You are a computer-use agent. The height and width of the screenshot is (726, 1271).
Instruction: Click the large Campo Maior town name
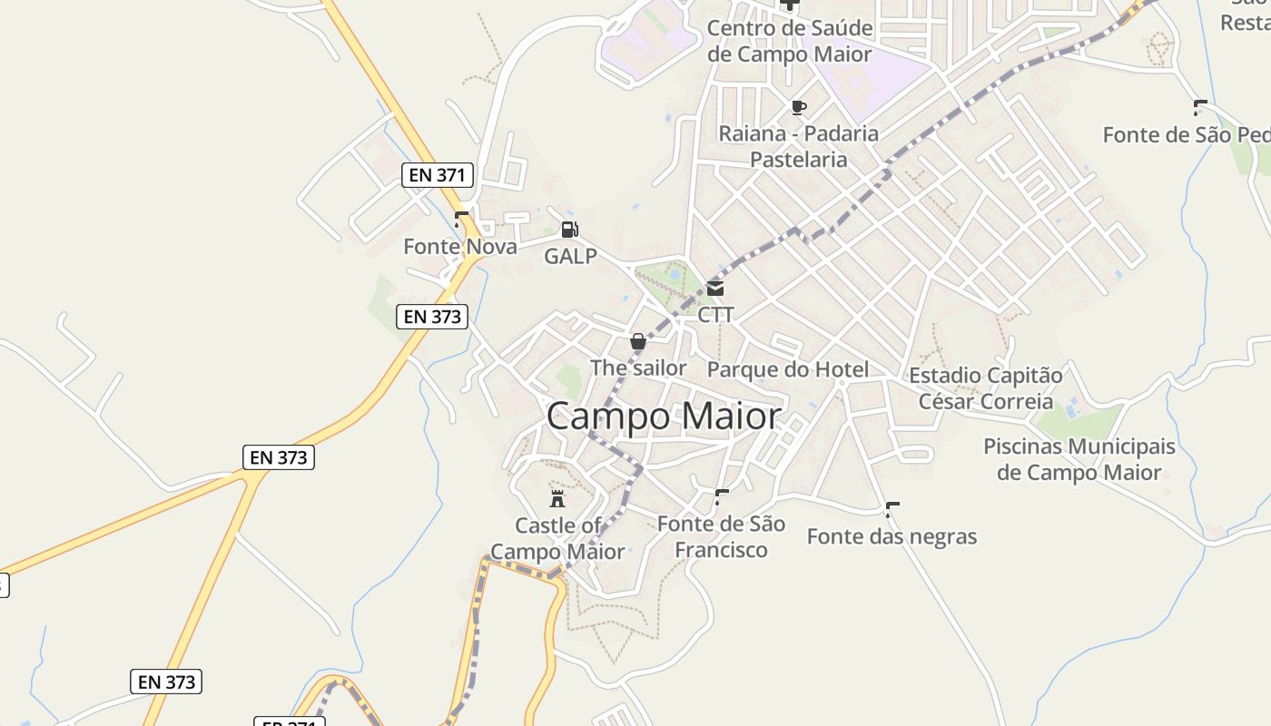click(x=664, y=417)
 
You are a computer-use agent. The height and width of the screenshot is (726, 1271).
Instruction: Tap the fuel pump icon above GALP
click(x=569, y=230)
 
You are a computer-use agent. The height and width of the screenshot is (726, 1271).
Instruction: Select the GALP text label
click(x=570, y=256)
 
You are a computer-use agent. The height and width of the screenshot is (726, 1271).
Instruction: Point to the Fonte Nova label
click(x=460, y=247)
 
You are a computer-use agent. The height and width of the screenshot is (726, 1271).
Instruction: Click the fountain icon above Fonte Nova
click(x=461, y=219)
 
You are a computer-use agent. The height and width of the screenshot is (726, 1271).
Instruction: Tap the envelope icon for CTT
click(x=715, y=289)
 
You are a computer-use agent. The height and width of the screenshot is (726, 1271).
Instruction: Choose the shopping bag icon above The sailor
click(x=638, y=342)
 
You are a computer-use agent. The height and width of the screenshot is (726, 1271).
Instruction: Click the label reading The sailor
click(x=638, y=368)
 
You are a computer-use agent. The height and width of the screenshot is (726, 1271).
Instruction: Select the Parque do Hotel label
click(x=787, y=369)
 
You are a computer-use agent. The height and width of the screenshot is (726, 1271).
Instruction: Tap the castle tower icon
click(x=557, y=498)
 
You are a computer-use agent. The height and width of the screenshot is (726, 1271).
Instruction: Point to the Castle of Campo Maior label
click(x=557, y=538)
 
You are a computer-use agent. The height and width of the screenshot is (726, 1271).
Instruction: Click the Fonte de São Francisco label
click(x=721, y=536)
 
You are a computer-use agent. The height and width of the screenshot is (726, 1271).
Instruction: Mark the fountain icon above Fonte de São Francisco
click(x=722, y=496)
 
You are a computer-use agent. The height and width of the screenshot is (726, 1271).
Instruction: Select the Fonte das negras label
click(x=892, y=536)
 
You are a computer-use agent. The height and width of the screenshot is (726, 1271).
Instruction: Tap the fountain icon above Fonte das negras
click(x=892, y=509)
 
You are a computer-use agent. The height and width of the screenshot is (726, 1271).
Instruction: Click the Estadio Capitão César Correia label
click(x=986, y=388)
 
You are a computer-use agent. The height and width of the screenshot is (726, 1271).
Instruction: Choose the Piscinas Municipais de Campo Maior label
click(x=1079, y=459)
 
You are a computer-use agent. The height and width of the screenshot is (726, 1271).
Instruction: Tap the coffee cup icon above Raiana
click(x=798, y=107)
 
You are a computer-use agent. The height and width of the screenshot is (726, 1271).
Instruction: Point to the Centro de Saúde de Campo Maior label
click(x=790, y=41)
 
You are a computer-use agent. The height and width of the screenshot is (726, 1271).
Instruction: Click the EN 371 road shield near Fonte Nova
click(x=438, y=175)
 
